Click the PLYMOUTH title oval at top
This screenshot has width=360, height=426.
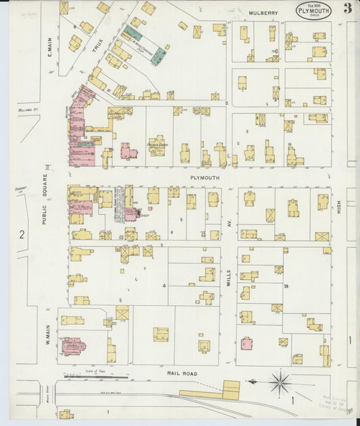click(x=313, y=10)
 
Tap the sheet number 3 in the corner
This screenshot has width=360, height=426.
click(x=346, y=9)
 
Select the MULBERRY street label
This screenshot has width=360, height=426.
click(x=263, y=13)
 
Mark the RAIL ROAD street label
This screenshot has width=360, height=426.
click(x=181, y=372)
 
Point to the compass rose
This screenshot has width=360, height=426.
click(x=280, y=383)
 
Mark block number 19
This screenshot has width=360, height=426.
click(x=286, y=286)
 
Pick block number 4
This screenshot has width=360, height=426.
click(x=163, y=286)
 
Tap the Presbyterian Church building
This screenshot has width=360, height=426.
click(x=157, y=145)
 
